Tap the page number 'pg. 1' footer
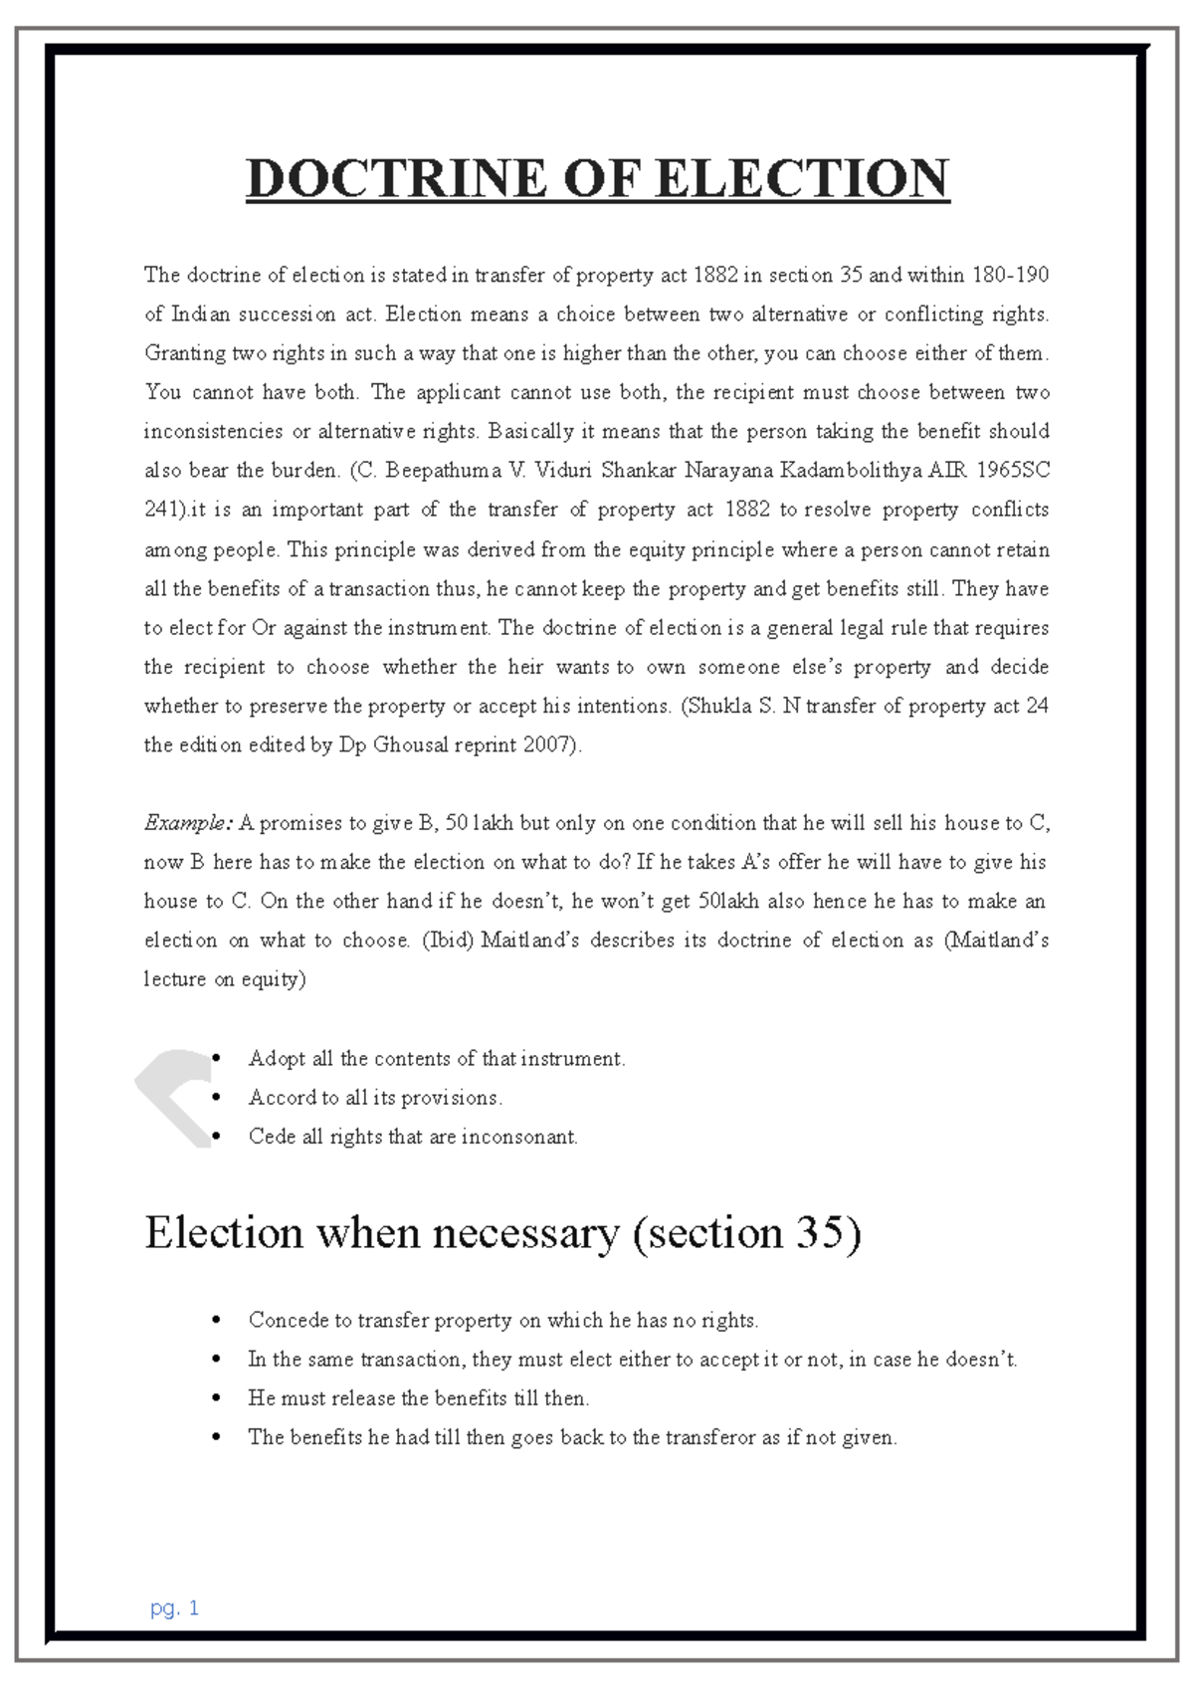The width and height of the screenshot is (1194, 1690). click(x=175, y=1607)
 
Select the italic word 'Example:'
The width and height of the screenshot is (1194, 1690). click(x=188, y=823)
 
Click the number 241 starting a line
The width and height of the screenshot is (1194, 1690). click(x=163, y=510)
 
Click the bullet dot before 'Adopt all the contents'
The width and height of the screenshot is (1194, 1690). click(x=216, y=1059)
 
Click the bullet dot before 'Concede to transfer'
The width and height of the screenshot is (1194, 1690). click(x=216, y=1321)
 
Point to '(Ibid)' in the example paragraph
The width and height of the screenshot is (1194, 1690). click(x=447, y=941)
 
